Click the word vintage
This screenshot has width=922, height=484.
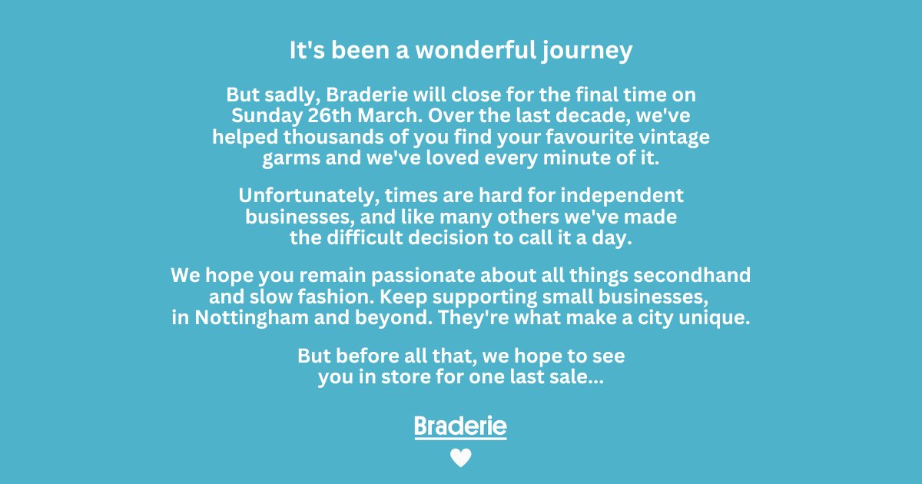(x=672, y=138)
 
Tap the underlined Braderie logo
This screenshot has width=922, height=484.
(x=460, y=427)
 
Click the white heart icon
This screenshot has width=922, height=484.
(x=460, y=459)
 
